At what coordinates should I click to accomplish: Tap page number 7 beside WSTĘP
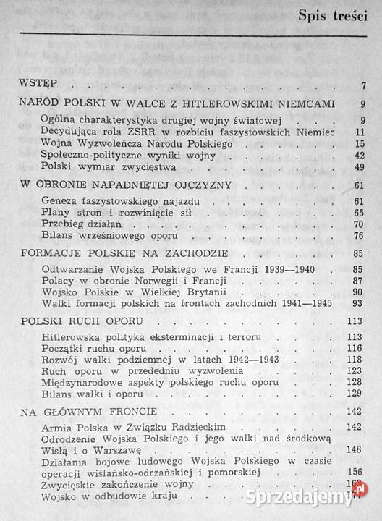pyautogui.click(x=362, y=87)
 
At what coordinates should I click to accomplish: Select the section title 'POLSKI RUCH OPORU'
pyautogui.click(x=80, y=321)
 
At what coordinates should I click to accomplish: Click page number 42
pyautogui.click(x=360, y=155)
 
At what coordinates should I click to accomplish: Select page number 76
pyautogui.click(x=360, y=235)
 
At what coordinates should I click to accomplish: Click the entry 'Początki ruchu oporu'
pyautogui.click(x=95, y=348)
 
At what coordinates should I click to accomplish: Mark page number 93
pyautogui.click(x=360, y=303)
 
